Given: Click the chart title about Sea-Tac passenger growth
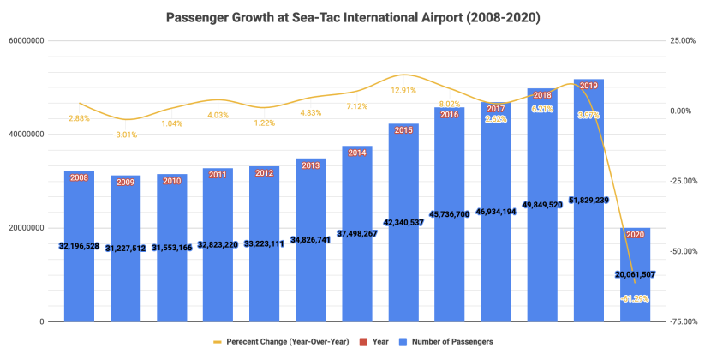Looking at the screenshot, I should tap(352, 16).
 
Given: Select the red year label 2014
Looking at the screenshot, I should tap(357, 153).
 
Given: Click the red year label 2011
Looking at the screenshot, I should tap(218, 174).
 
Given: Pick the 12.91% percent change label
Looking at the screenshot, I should tap(403, 90).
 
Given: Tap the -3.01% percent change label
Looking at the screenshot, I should tap(125, 134).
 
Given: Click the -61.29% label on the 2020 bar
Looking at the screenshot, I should tap(635, 298).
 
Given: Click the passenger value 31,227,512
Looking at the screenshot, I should tap(125, 247).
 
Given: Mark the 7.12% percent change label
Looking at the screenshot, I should tap(357, 106).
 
